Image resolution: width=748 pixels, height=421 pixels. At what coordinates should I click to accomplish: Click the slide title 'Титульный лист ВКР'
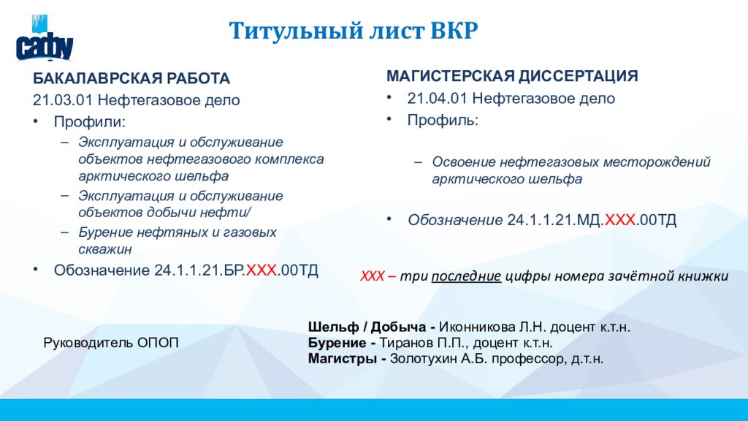point(354,31)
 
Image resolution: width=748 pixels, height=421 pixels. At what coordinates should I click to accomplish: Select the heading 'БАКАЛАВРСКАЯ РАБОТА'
point(131,78)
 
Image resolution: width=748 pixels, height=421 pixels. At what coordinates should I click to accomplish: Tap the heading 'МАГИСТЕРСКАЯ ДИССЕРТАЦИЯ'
point(512,76)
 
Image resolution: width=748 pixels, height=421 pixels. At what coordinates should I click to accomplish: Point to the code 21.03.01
point(63,100)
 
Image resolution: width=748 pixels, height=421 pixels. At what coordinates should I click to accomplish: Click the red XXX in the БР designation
point(261,270)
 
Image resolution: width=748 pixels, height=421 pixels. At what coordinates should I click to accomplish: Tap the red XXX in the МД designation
point(620,220)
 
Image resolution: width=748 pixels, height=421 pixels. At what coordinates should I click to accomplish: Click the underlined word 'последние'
point(466,276)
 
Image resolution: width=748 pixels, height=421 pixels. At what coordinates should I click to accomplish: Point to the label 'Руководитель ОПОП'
point(111,343)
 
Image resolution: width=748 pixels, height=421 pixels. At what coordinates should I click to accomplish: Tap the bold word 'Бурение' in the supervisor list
point(336,343)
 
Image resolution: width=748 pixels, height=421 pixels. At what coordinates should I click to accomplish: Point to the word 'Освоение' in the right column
point(459,162)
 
